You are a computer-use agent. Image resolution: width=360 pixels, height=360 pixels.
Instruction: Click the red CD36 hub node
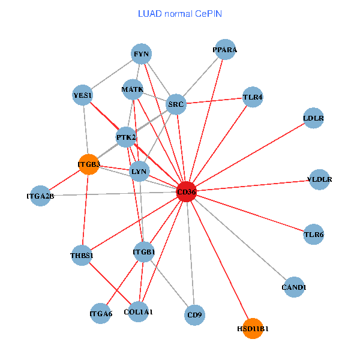click(187, 192)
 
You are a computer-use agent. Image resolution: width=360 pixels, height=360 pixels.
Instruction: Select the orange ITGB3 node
click(88, 164)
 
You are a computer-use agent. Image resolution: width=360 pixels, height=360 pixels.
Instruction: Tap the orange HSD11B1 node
click(253, 328)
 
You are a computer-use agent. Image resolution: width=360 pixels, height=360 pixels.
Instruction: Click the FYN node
click(142, 54)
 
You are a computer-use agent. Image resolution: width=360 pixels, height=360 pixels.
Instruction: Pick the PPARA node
click(225, 50)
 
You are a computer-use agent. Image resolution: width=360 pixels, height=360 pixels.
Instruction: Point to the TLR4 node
click(253, 97)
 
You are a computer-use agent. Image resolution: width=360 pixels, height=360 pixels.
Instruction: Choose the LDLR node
click(313, 118)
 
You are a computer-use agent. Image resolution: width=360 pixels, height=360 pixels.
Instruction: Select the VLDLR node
click(319, 179)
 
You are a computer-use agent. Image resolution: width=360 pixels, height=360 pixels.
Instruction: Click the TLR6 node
click(314, 234)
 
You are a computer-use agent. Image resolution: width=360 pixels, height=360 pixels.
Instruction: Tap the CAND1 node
click(293, 287)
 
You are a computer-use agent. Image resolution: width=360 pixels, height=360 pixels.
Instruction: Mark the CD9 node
click(194, 314)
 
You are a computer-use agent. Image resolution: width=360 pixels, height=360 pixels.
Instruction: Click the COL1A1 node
click(139, 311)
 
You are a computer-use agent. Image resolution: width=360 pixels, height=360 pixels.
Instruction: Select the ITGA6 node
click(101, 313)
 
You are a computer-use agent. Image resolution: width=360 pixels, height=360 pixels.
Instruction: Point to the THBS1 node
click(82, 256)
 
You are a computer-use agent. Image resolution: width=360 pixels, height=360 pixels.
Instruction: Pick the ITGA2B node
click(40, 196)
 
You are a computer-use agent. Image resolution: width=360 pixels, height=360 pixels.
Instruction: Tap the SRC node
click(176, 104)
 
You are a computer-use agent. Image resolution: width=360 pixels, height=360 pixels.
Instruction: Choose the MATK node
click(132, 90)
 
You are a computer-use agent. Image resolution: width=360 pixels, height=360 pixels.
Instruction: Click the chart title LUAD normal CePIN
click(180, 13)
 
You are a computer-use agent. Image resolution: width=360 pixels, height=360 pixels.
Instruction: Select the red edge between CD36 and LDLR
click(250, 155)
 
